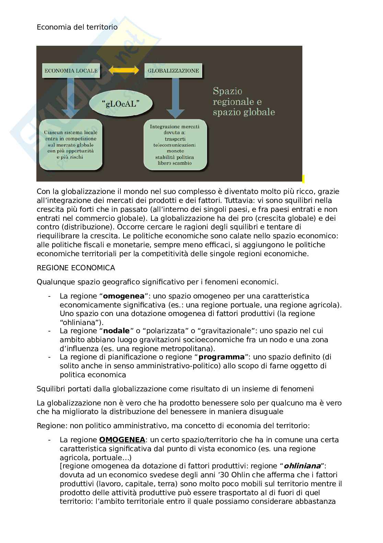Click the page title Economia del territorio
(x=77, y=27)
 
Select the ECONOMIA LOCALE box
(x=71, y=70)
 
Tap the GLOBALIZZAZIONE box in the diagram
(x=173, y=70)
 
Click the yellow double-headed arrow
(x=124, y=70)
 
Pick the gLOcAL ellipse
(x=121, y=104)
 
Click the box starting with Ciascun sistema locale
(x=71, y=144)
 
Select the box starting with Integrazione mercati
(x=175, y=145)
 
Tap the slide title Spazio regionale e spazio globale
(x=244, y=101)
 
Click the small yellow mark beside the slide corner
(x=303, y=178)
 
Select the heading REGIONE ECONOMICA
(x=76, y=268)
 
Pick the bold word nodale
(x=116, y=331)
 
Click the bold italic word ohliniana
(x=302, y=466)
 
